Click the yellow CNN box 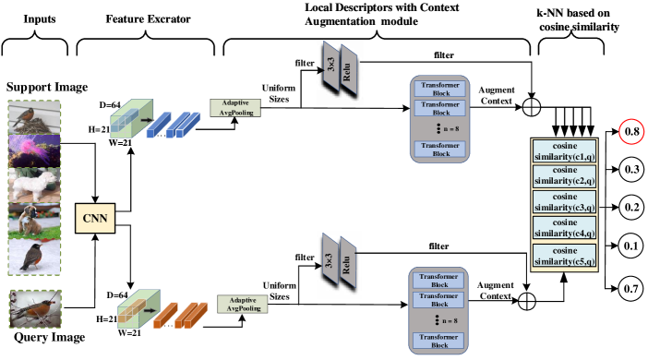95,219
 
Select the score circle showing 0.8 631,132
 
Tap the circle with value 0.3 631,170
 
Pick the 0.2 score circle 631,207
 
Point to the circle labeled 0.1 631,246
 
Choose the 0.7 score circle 631,289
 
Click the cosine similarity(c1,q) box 563,150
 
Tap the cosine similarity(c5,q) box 563,256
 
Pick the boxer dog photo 35,221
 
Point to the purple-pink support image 35,150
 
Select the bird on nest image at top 35,117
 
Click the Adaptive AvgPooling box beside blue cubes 235,108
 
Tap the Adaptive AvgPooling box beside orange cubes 243,305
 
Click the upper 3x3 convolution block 331,66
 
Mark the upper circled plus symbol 531,108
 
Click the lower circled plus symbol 527,300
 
